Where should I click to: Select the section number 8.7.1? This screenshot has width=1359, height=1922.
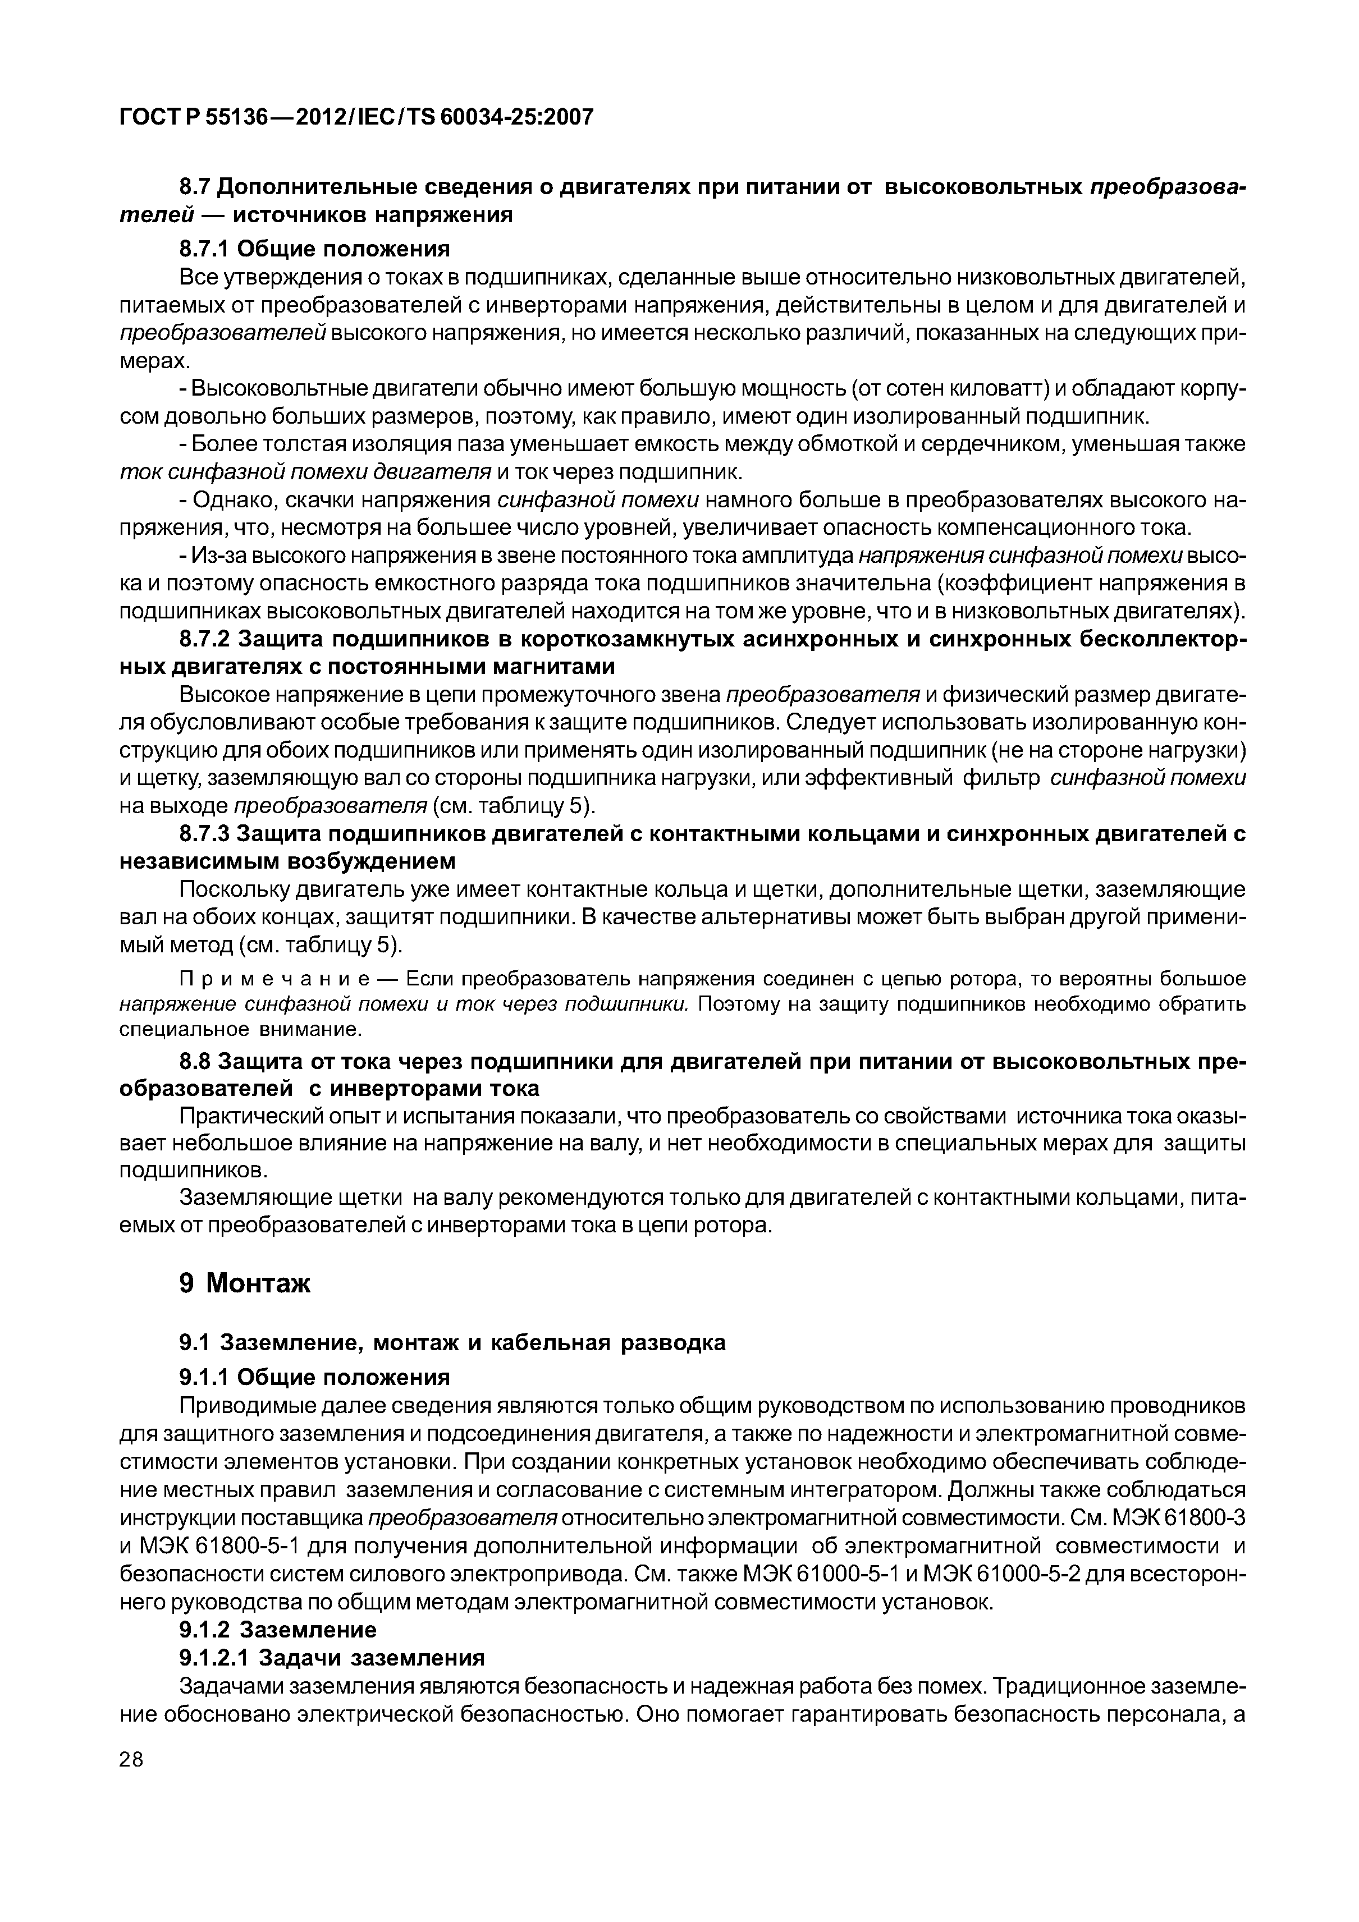[205, 249]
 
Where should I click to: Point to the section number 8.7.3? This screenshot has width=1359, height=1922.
[205, 834]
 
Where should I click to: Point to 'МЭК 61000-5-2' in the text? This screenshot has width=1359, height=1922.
[1034, 1574]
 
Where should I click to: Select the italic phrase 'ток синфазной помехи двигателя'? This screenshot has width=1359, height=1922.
[305, 472]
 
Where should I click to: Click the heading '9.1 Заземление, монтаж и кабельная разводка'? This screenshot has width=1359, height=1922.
[452, 1342]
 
